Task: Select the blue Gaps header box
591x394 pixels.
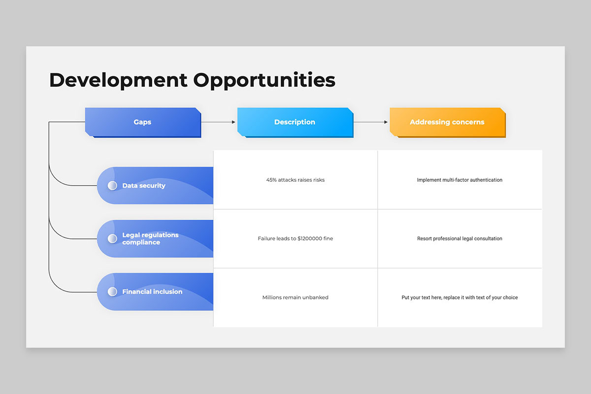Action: pos(143,122)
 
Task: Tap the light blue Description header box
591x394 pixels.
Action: pos(295,122)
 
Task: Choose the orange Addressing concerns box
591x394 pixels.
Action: pos(447,122)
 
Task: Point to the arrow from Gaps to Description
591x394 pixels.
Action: pos(219,122)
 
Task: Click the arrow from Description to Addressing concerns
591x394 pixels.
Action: pos(371,122)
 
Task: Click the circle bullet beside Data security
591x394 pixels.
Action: pos(112,186)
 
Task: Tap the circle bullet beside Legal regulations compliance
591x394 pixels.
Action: pos(112,239)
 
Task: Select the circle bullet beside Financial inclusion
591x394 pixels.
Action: pos(112,292)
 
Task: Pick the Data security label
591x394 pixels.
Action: pos(144,186)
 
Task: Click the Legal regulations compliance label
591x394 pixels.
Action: pos(150,239)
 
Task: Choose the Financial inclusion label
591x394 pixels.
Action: pos(152,292)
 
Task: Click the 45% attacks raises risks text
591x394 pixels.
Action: pos(295,180)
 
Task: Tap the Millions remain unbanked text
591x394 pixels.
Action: pos(295,297)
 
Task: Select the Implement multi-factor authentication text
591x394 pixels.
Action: pos(460,180)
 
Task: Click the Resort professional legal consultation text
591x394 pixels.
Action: pos(460,239)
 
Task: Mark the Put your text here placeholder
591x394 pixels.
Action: pos(460,297)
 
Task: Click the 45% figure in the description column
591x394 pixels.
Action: pos(271,180)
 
